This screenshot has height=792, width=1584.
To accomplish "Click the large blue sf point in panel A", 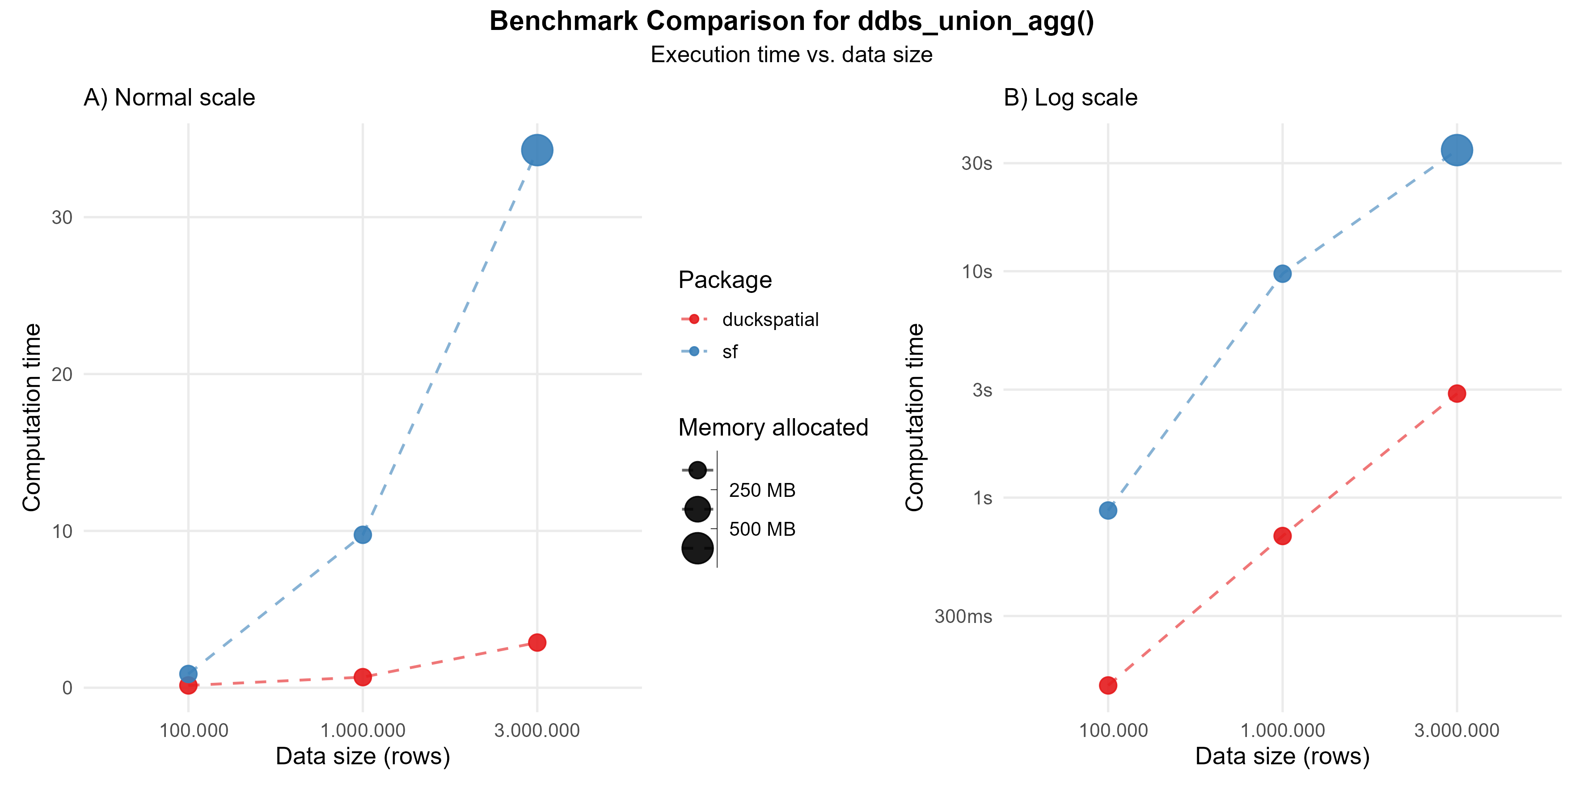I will (537, 150).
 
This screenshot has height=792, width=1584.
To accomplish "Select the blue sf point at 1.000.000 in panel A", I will (363, 534).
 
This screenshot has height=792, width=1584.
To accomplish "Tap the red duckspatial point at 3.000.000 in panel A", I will (537, 643).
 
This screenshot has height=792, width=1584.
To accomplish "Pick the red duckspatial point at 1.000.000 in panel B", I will (1282, 536).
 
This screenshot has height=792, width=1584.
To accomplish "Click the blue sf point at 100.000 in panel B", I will (1108, 510).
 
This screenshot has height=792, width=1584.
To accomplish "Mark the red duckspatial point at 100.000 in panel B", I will (1108, 685).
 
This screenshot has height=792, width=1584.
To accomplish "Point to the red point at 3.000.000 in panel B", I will (1456, 394).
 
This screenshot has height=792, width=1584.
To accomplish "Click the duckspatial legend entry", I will (770, 320).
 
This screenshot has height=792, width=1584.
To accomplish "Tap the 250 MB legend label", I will (762, 490).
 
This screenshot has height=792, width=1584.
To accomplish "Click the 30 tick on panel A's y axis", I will (62, 217).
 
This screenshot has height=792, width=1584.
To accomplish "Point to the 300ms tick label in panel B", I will (963, 616).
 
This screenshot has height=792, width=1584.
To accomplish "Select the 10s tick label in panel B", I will (976, 271).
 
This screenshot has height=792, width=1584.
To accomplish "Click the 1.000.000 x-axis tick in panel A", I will (363, 731).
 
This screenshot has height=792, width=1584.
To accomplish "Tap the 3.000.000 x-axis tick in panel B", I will (1456, 731).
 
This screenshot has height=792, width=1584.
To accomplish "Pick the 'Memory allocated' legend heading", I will (773, 428).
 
